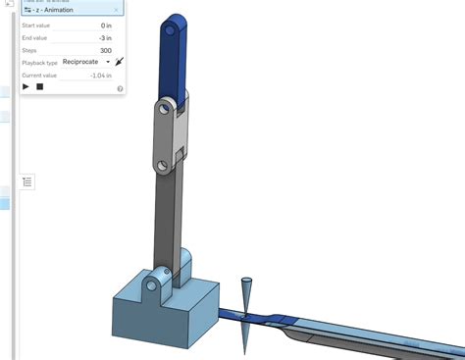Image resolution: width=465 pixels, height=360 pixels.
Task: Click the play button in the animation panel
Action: pos(26,86)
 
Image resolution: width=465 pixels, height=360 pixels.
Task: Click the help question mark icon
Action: pos(120,88)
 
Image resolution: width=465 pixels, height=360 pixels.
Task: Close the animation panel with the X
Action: pos(116,10)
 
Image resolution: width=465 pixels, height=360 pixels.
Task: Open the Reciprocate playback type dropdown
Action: pos(86,62)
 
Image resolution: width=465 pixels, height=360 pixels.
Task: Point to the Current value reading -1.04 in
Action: pos(99,75)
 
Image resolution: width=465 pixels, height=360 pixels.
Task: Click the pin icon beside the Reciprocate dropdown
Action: pos(119,62)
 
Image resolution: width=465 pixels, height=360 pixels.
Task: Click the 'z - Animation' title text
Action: pos(58,10)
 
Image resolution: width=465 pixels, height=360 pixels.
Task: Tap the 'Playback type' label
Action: pos(40,62)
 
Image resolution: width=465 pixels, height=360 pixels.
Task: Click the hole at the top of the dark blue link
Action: pos(174,31)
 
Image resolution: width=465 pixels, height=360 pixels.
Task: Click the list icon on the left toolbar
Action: pos(26,181)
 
